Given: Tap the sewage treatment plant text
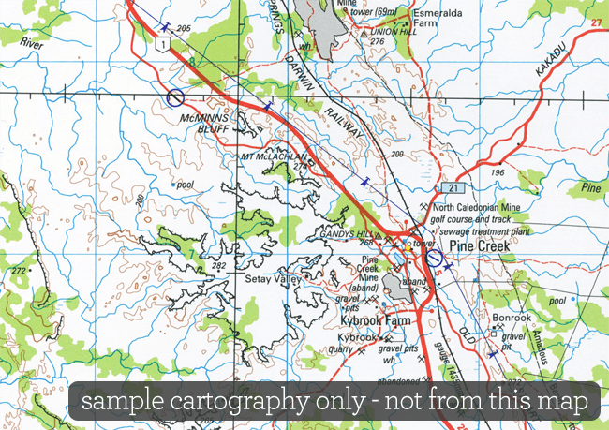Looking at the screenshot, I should pos(483,228).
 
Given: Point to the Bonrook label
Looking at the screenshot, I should pos(511,319).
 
